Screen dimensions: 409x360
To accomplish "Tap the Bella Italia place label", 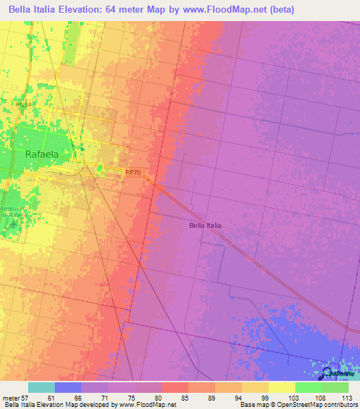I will pos(205,226).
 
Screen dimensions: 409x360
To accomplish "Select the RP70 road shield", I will pos(133,171).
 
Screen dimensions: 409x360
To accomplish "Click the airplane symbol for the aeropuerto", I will pos(9,224).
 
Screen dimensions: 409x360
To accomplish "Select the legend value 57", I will pos(27,397).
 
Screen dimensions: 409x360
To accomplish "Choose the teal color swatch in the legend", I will pos(41,387).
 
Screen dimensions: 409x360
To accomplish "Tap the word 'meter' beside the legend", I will pos(10,397).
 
